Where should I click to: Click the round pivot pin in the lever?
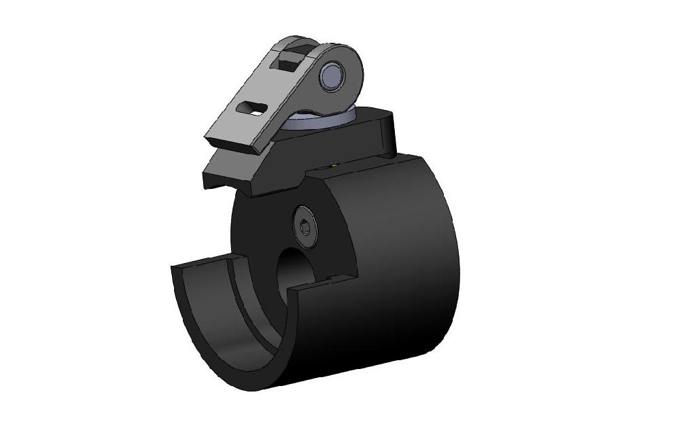click(334, 75)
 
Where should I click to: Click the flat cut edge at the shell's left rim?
click(204, 262)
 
